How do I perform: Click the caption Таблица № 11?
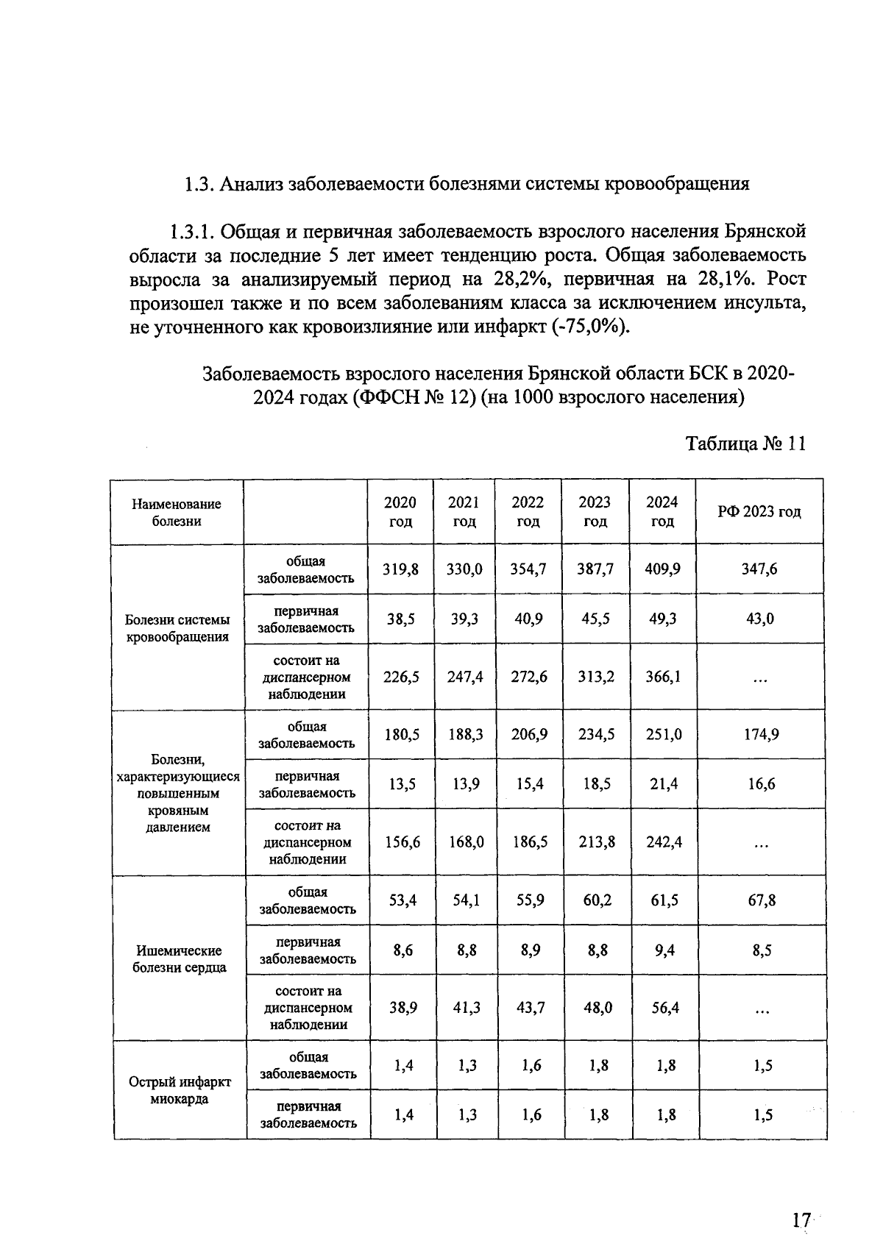(745, 444)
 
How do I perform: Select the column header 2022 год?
(528, 511)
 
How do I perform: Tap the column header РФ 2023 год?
(759, 511)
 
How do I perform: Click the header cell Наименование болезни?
(177, 512)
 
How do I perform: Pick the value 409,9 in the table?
(662, 569)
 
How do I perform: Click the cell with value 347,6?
(759, 569)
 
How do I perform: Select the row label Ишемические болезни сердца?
(180, 958)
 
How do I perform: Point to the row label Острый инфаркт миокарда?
(180, 1090)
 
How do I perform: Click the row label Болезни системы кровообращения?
(177, 628)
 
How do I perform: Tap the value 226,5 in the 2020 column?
(401, 677)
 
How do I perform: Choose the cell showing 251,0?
(663, 734)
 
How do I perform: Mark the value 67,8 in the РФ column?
(762, 900)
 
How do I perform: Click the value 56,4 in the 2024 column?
(664, 1007)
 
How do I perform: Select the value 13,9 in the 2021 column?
(465, 784)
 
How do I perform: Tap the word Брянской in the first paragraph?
(765, 232)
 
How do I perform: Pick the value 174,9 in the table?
(761, 734)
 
